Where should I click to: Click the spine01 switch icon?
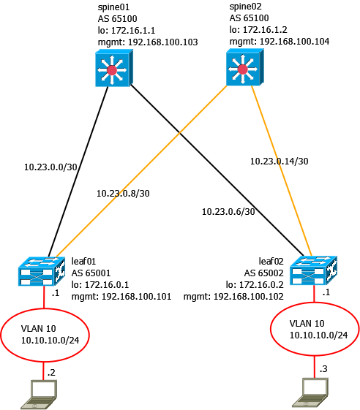(x=111, y=71)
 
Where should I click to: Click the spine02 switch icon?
(x=242, y=71)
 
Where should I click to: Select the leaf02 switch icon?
(x=315, y=270)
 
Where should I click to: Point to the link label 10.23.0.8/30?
(x=123, y=194)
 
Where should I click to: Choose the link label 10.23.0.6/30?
(x=229, y=212)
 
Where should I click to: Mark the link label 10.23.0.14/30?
(x=279, y=161)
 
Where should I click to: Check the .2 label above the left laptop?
(x=50, y=373)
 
